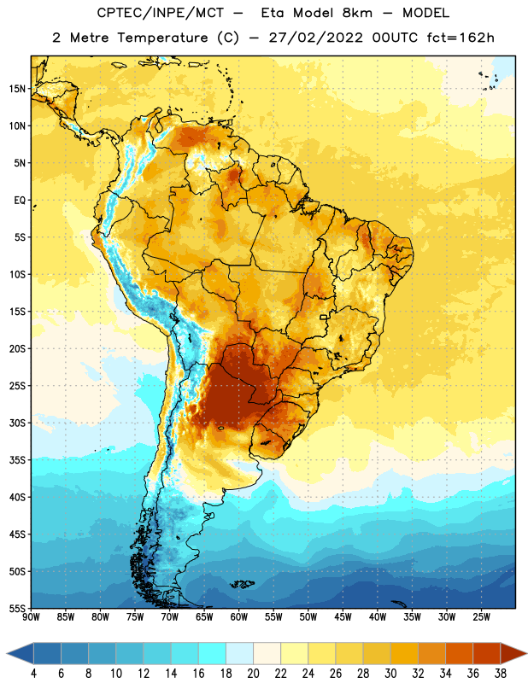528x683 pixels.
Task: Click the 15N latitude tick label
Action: pos(17,89)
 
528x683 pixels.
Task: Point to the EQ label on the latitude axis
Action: pos(20,201)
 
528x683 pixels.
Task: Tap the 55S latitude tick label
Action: pos(17,609)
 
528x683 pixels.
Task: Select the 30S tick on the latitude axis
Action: pos(17,423)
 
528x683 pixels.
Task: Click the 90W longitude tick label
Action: pos(31,617)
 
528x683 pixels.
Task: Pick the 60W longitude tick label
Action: pos(239,617)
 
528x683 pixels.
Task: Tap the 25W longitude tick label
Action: pos(481,617)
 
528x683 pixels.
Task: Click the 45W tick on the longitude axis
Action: pos(343,617)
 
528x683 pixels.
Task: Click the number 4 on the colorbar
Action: pos(33,674)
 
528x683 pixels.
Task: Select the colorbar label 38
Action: pos(501,674)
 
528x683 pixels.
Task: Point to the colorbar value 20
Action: pos(253,674)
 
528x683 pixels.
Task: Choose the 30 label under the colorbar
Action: pos(390,674)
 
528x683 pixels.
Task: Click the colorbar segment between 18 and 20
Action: pos(239,654)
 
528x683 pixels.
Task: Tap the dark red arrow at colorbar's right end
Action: pos(513,654)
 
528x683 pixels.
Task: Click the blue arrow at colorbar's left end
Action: pos(20,654)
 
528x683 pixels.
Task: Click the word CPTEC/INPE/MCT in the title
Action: pos(160,13)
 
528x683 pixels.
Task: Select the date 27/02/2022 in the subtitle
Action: pos(315,38)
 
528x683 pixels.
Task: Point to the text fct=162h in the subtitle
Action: pos(461,38)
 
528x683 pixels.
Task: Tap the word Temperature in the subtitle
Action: pos(162,38)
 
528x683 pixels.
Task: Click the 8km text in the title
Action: pos(357,13)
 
